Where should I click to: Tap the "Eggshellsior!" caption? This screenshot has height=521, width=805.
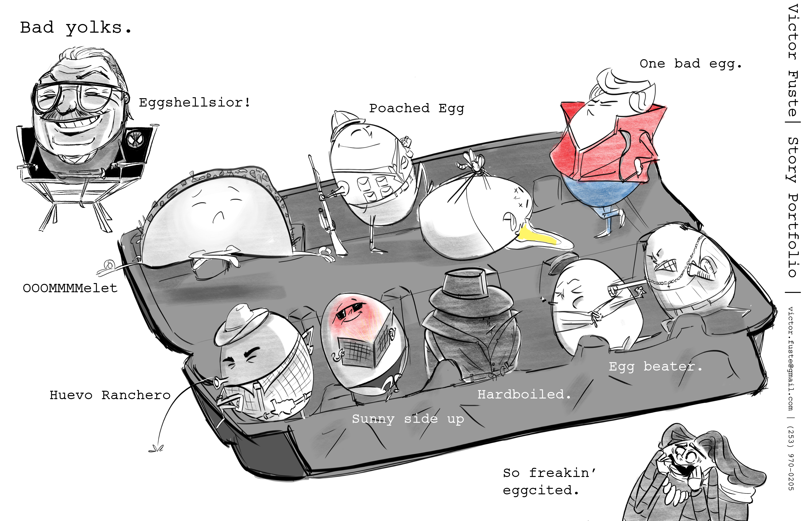pyautogui.click(x=194, y=102)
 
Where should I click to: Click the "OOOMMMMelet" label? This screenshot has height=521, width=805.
pyautogui.click(x=70, y=288)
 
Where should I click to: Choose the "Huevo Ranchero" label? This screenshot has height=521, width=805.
pyautogui.click(x=110, y=395)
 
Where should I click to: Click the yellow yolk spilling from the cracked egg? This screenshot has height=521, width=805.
pyautogui.click(x=538, y=236)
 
